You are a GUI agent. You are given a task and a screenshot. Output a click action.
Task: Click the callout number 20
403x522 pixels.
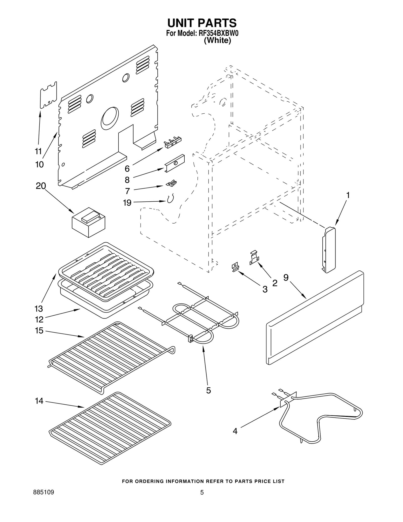pos(41,186)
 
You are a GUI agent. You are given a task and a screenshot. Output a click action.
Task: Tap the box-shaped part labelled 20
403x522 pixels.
pos(88,223)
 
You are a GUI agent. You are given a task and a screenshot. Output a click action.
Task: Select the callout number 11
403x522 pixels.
pos(38,151)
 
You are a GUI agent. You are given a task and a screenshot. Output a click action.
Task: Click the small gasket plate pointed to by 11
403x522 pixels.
pos(49,95)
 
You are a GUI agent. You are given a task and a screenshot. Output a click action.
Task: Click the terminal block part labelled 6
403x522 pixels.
pos(173,142)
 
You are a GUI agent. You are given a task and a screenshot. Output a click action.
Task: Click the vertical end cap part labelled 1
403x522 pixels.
pos(329,250)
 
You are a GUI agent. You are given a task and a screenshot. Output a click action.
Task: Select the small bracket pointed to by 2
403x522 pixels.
pos(254,258)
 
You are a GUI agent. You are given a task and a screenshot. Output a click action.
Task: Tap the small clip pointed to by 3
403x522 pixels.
pos(235,267)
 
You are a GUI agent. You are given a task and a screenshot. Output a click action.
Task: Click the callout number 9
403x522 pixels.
pos(286,277)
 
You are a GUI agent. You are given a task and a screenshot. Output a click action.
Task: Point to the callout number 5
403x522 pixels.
pos(208,390)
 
